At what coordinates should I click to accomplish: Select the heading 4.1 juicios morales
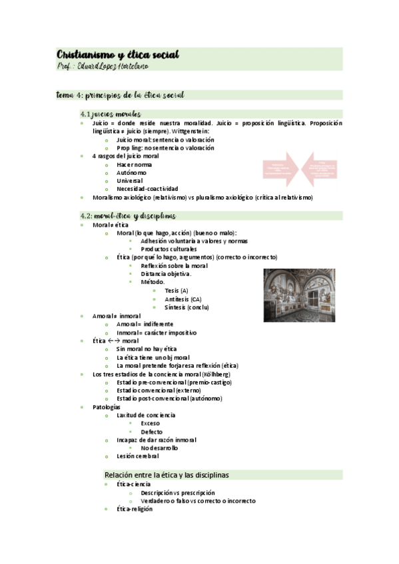pos(111,114)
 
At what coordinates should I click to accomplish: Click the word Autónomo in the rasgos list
pos(131,172)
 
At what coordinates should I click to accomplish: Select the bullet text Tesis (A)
pos(177,291)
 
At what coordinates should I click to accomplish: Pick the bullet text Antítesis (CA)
pos(183,299)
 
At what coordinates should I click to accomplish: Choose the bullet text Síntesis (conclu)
pos(187,307)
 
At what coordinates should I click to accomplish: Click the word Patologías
pos(107,406)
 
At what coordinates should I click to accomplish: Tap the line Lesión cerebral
pos(137,456)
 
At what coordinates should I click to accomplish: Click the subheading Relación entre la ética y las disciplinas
pos(167,475)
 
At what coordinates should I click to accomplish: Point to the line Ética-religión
pos(135,509)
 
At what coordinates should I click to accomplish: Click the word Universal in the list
pos(130,180)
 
